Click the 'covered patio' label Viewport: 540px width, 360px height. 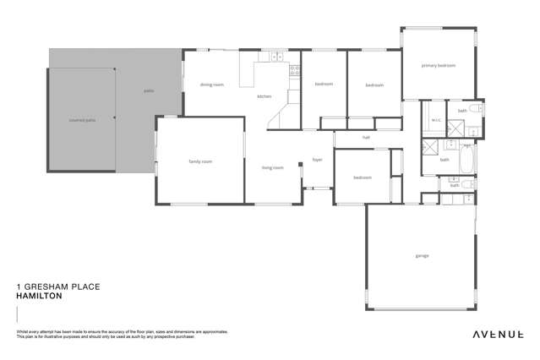coord(81,120)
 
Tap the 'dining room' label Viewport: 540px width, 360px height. coord(211,85)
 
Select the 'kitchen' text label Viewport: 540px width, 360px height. coord(265,97)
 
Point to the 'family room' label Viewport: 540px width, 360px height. coord(199,161)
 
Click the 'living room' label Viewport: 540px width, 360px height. coord(272,167)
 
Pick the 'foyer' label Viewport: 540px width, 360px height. coord(318,159)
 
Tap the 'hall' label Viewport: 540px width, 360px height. coord(366,137)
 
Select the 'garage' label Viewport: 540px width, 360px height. coord(421,255)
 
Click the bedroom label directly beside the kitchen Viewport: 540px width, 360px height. coord(324,84)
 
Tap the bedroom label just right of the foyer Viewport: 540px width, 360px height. coord(363,177)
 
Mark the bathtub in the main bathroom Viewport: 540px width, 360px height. coord(466,159)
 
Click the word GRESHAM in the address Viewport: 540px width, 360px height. coord(52,287)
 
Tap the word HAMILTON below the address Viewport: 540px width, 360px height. coord(39,296)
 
